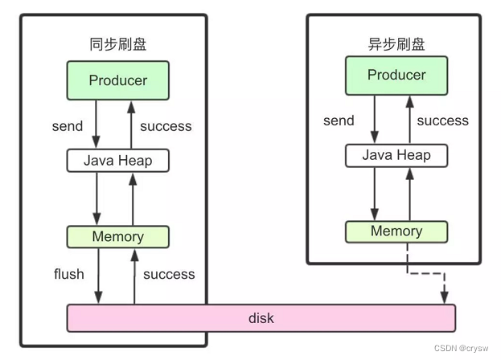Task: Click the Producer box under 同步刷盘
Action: click(117, 80)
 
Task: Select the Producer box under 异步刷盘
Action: click(396, 75)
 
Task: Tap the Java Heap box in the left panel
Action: click(117, 160)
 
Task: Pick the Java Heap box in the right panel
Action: click(396, 155)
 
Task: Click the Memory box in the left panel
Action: click(117, 236)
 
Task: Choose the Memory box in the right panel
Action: click(396, 231)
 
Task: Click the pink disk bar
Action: click(261, 318)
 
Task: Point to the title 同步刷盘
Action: click(117, 44)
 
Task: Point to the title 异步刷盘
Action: click(396, 44)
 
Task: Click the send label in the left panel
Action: click(67, 126)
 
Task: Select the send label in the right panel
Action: click(339, 121)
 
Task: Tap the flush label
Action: click(68, 274)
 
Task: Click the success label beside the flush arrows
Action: click(169, 274)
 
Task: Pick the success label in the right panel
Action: click(442, 121)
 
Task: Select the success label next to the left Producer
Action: click(166, 126)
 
